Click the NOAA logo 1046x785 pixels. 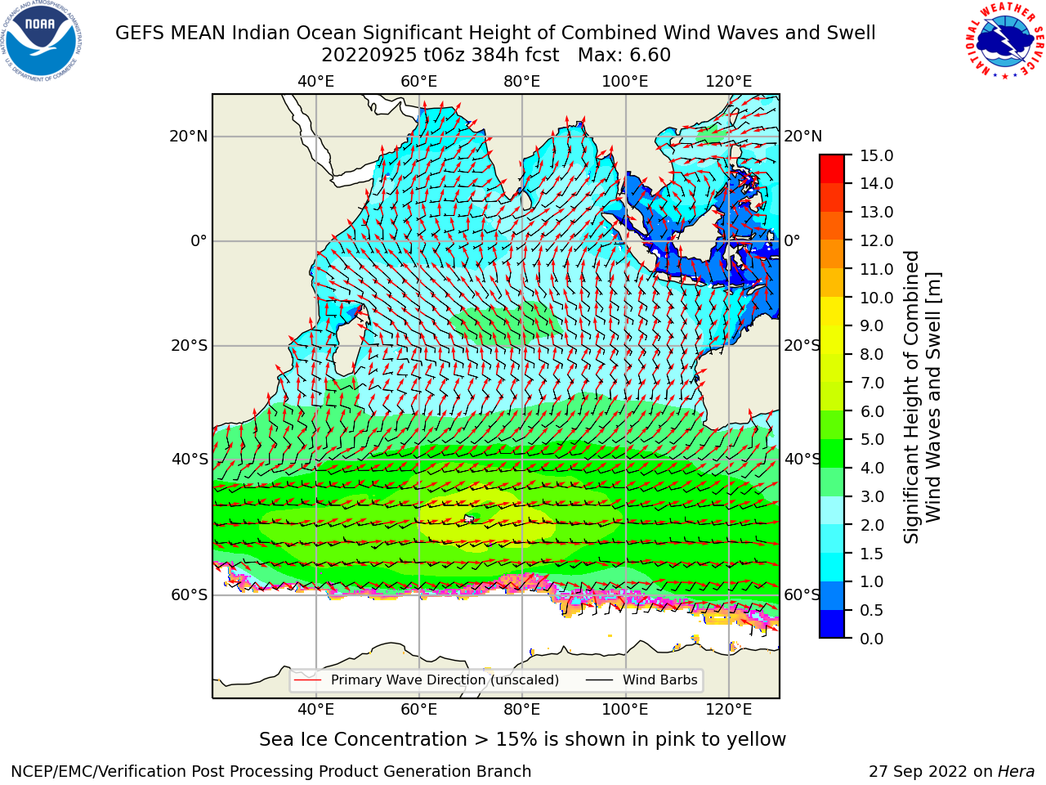42,42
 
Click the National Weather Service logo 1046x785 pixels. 1004,41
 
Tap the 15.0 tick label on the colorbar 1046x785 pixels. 876,155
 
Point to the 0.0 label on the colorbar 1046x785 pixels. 872,638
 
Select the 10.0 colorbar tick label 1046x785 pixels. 876,298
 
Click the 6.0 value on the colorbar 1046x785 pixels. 872,411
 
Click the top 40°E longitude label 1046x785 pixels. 315,82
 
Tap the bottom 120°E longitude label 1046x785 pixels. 728,709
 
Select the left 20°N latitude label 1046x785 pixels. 189,137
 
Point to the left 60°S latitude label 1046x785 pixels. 190,594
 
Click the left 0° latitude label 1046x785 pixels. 199,240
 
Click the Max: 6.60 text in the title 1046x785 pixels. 624,56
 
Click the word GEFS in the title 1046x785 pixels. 140,33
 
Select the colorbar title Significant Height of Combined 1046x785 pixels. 910,397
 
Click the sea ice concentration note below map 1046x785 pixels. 522,739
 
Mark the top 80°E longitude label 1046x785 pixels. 522,82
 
